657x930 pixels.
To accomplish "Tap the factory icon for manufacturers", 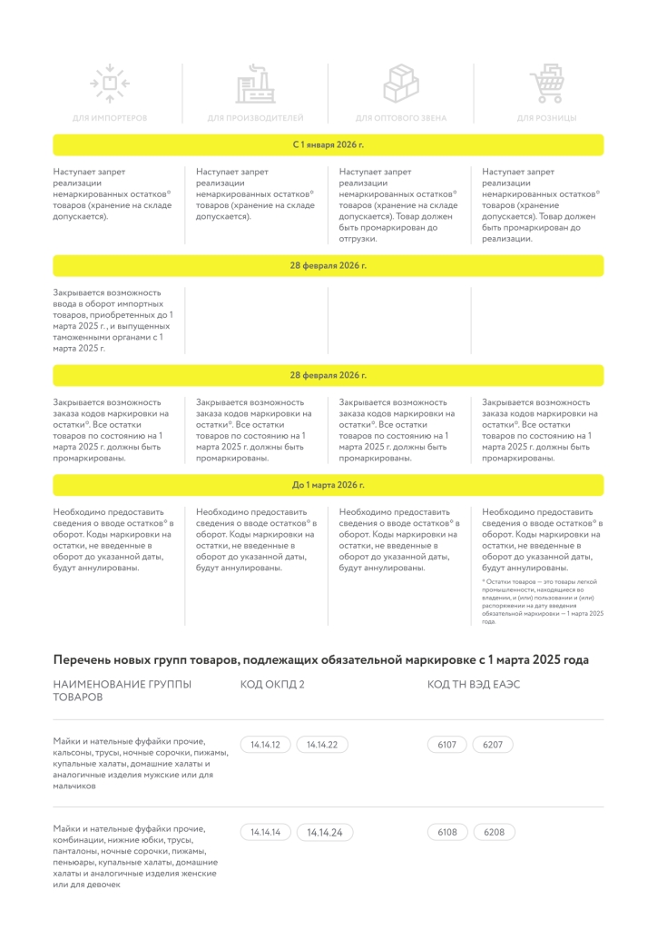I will click(x=255, y=84).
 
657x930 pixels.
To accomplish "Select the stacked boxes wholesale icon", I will click(x=400, y=84).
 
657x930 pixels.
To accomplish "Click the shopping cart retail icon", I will click(x=546, y=84).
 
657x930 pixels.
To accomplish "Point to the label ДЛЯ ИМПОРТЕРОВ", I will click(x=110, y=118).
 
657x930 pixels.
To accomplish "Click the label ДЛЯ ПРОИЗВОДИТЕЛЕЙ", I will click(x=255, y=118).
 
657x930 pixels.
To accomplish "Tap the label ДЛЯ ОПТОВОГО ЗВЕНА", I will click(x=400, y=118).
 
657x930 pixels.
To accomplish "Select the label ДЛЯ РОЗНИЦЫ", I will click(x=546, y=118).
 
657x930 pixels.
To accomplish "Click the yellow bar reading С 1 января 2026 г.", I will click(x=328, y=144).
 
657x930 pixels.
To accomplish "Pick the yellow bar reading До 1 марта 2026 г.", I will click(x=328, y=485).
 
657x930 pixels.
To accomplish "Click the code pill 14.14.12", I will click(x=265, y=745).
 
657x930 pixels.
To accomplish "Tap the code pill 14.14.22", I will click(x=322, y=745).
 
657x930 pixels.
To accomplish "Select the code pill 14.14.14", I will click(x=265, y=832).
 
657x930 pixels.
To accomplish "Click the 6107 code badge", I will click(x=447, y=745).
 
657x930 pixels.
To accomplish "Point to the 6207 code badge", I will click(x=494, y=745).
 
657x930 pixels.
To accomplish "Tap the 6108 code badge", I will click(x=447, y=832).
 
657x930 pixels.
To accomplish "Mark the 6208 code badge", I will click(x=494, y=832).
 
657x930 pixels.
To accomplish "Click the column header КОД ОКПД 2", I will click(x=272, y=684).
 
